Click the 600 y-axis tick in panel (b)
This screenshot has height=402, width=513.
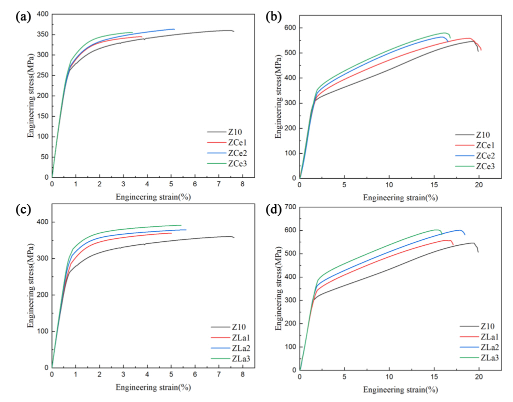click(288, 28)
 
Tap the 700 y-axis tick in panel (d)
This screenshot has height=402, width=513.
click(288, 207)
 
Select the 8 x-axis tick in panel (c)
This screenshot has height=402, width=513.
click(242, 374)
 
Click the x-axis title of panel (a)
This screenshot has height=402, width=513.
click(153, 197)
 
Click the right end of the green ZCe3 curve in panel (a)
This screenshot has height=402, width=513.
click(132, 33)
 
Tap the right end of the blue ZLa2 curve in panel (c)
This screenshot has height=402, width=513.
click(185, 230)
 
